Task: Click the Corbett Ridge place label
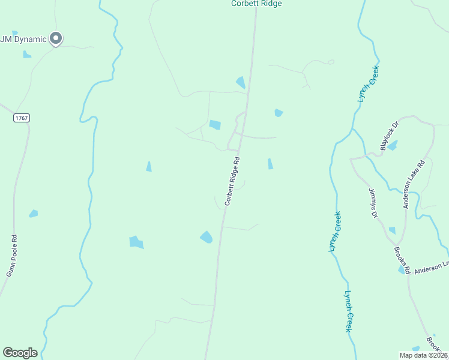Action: pyautogui.click(x=256, y=4)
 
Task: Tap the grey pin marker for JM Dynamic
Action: pyautogui.click(x=56, y=38)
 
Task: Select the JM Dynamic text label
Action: pyautogui.click(x=23, y=40)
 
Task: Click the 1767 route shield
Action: pyautogui.click(x=22, y=118)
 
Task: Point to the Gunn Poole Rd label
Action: pyautogui.click(x=11, y=256)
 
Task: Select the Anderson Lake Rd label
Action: pyautogui.click(x=414, y=184)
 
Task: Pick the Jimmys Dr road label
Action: pyautogui.click(x=373, y=202)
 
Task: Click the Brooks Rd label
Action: pyautogui.click(x=402, y=260)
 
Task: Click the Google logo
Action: pyautogui.click(x=20, y=353)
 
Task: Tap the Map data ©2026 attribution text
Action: pyautogui.click(x=423, y=355)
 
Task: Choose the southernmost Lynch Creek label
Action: pyautogui.click(x=348, y=311)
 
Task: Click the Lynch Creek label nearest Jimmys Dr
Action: pyautogui.click(x=334, y=232)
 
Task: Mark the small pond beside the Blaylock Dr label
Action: pyautogui.click(x=393, y=146)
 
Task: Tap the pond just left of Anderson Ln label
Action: pyautogui.click(x=402, y=271)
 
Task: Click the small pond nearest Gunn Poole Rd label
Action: pyautogui.click(x=34, y=214)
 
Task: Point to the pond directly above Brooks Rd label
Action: pyautogui.click(x=393, y=230)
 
